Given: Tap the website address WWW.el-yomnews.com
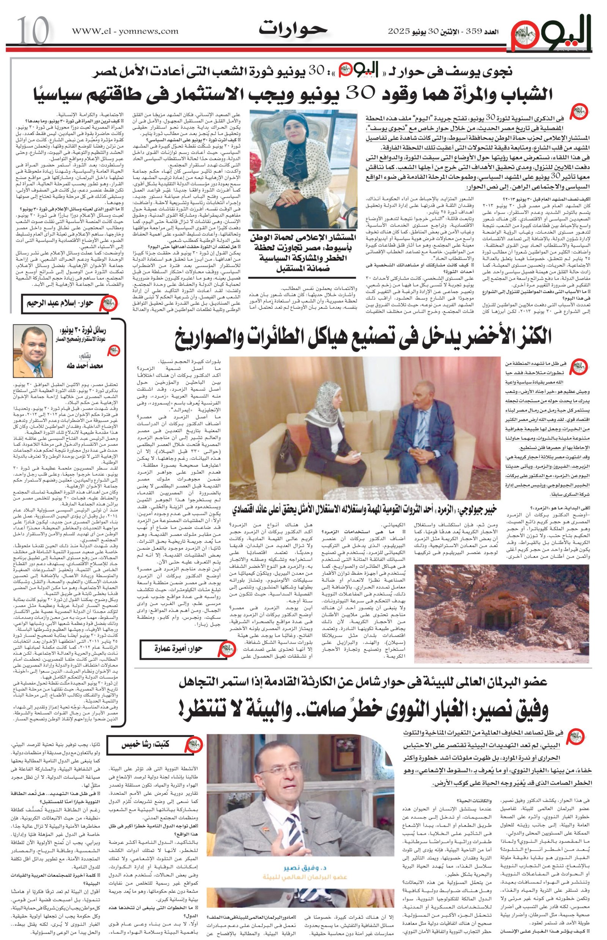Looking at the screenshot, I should [x=125, y=31].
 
